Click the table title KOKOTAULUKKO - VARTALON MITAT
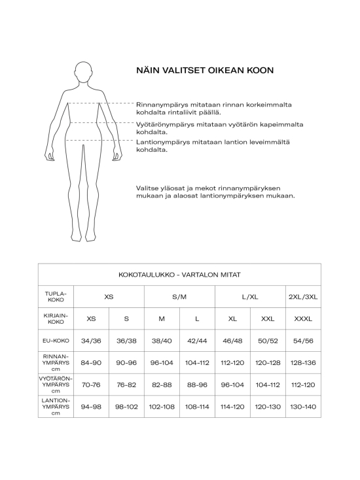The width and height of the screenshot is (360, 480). point(179,275)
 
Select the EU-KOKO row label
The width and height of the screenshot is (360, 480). point(56,340)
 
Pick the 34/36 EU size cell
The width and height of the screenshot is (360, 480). point(91,340)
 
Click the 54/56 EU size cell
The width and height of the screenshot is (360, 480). point(303,340)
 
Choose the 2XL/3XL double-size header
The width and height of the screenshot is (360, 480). point(303,296)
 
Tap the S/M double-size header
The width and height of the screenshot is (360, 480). point(179,296)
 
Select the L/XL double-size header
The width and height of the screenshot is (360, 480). point(250,296)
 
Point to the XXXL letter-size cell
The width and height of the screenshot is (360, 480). point(303,318)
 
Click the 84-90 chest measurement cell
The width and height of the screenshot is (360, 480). point(91,362)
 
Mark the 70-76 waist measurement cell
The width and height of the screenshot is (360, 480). point(91,385)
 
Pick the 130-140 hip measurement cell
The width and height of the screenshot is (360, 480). point(303,406)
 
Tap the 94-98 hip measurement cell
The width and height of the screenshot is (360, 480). point(91,406)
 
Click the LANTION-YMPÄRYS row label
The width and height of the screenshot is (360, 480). point(56,406)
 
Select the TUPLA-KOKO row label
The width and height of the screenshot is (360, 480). point(56,296)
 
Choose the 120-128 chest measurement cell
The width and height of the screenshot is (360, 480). point(268,362)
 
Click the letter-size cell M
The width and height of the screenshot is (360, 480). point(162,318)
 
